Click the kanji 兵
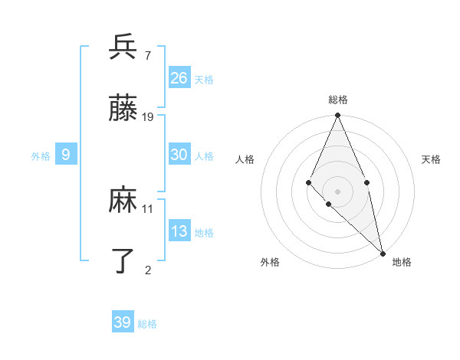coord(123,47)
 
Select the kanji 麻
coord(123,201)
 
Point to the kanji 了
coord(123,260)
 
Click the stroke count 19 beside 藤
coord(148,117)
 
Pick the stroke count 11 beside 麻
coord(148,208)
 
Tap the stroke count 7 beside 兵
coord(147,55)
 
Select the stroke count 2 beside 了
coord(148,269)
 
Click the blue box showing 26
coord(179,77)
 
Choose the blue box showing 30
coord(179,155)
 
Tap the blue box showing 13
coord(179,231)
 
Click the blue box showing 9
coord(66,155)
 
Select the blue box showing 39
coord(123,322)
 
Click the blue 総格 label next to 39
coord(147,324)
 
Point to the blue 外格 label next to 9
coord(41,156)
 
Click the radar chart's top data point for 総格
coord(337,116)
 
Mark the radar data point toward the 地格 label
coord(382,252)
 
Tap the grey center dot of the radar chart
coord(337,191)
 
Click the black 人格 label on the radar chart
coord(245,160)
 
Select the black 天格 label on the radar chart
coord(431,160)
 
